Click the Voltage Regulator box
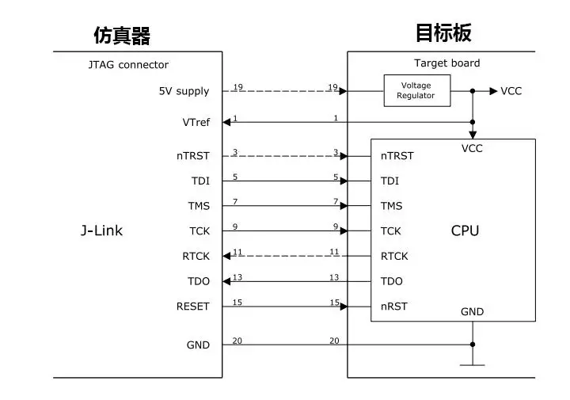417,90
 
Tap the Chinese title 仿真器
122,36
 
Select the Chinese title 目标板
443,32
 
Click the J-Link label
101,230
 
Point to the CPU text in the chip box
465,230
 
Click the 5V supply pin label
184,91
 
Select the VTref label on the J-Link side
196,122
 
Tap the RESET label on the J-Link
192,307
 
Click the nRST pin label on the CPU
394,307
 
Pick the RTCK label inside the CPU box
394,257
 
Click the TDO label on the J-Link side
199,281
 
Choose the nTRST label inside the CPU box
397,156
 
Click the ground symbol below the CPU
472,364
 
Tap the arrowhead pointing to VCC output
493,91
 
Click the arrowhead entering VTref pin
226,122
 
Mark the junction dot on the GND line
473,345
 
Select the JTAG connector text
128,65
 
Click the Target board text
446,63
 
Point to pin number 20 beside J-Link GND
237,341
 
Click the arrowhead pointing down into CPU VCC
473,135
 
